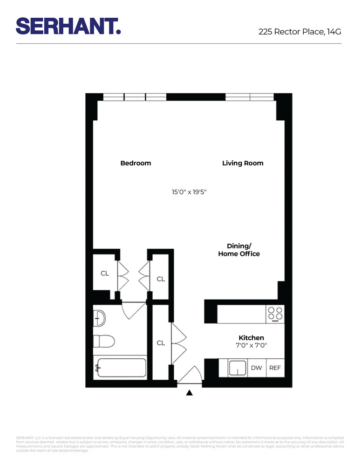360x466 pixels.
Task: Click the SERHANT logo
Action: [x=68, y=26]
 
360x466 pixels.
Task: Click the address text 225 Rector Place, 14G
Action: [x=300, y=32]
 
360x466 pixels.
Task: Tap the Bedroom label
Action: [x=136, y=163]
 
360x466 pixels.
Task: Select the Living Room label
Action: [x=243, y=163]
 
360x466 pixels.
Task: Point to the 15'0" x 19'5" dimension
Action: [x=189, y=192]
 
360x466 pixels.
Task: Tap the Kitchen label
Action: [x=251, y=338]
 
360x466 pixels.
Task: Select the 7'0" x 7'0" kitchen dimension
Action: [x=251, y=345]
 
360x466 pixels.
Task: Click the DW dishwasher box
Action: [x=257, y=368]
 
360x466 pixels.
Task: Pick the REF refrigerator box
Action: [x=275, y=368]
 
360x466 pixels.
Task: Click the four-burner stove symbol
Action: [x=275, y=314]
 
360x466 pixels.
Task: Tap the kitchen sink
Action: [x=238, y=368]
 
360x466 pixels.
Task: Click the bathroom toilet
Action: [x=103, y=342]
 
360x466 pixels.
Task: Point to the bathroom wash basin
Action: [x=99, y=318]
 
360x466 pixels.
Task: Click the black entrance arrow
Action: [x=189, y=393]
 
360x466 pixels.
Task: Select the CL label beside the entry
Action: [x=161, y=343]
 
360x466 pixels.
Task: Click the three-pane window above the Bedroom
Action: [x=135, y=97]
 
